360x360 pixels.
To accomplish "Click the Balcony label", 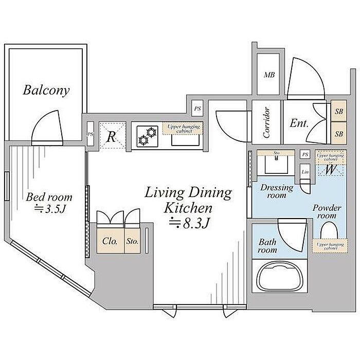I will [x=46, y=91].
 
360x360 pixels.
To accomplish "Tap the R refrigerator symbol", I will [x=112, y=136].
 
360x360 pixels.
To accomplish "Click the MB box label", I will [x=269, y=75].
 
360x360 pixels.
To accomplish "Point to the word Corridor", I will [x=266, y=123].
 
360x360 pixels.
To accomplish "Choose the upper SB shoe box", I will [x=338, y=111].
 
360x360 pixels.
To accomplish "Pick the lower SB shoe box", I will [x=338, y=134].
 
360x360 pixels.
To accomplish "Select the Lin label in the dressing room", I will [x=305, y=172].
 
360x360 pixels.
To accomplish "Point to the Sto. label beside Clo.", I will [x=132, y=241].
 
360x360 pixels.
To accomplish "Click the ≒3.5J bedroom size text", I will [x=49, y=210].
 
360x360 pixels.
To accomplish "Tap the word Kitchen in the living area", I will [x=188, y=208].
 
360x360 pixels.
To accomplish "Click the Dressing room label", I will [x=277, y=191].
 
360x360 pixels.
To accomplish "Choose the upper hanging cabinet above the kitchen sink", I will [x=183, y=129].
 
